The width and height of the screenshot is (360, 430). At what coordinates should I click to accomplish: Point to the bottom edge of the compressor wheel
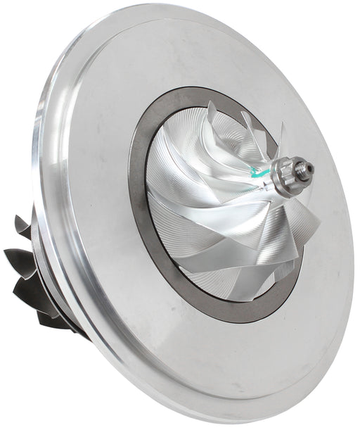(x=225, y=299)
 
